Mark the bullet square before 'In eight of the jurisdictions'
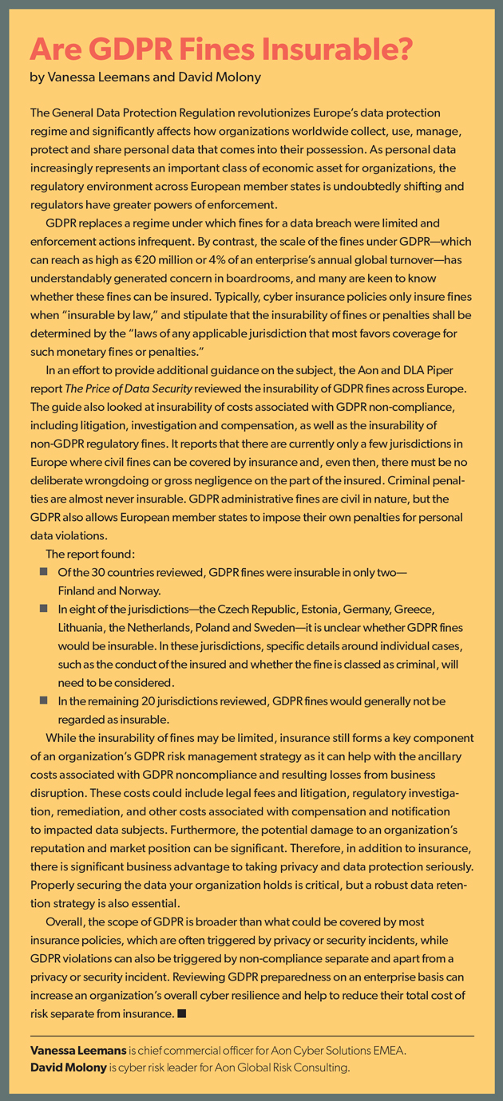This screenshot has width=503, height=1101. click(x=42, y=609)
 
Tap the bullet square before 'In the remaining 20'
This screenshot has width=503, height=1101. click(x=42, y=700)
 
